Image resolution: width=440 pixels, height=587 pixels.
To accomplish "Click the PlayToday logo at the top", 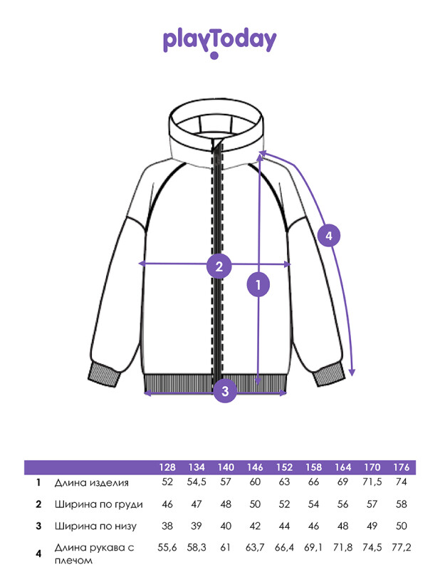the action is (219, 42).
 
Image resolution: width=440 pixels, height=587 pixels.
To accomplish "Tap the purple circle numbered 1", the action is (258, 285).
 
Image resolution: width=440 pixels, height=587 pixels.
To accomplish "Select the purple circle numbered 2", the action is (219, 266).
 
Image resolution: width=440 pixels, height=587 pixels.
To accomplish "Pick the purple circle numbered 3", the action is (225, 391).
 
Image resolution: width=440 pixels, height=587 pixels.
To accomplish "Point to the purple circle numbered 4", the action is (329, 236).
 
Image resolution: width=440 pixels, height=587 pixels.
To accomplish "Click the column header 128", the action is (167, 467).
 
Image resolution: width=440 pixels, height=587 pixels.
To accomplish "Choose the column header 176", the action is (402, 467).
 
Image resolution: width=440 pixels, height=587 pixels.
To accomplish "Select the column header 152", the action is (284, 467).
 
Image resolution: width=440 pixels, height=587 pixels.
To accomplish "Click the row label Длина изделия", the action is (92, 482).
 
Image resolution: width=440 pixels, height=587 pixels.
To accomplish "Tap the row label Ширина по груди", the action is (99, 504).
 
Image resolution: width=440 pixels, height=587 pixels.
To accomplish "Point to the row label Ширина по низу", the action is (96, 526).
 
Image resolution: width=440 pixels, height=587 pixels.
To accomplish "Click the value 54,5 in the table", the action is (197, 482).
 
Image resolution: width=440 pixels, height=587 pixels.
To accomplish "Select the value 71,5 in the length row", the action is (372, 482).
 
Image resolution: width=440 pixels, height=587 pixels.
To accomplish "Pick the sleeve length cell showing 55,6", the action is (167, 548).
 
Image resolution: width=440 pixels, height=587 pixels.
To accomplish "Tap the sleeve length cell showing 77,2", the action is (402, 548).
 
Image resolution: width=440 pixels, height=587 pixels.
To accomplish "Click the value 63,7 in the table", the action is (255, 548).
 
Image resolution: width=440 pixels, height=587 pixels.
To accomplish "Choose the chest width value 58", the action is (402, 504).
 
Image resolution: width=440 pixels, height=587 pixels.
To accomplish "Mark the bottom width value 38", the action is (167, 526).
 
